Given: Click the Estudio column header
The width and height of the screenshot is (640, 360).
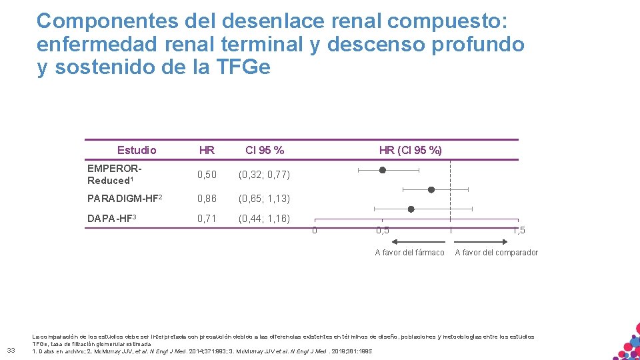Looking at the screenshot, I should [137, 150].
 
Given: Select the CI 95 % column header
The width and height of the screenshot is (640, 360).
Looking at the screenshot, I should [265, 150].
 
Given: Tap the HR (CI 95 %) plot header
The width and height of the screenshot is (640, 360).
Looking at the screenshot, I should [410, 150].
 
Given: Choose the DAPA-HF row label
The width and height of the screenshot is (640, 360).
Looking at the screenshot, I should [111, 217].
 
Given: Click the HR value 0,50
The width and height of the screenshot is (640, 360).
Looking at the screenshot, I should [207, 175].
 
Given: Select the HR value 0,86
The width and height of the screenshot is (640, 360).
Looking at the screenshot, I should [207, 198].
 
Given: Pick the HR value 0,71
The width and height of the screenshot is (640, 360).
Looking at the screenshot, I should [207, 218].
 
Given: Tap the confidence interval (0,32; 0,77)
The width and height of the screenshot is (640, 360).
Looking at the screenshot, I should [265, 175].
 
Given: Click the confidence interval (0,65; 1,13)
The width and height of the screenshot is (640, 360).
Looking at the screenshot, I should [265, 198].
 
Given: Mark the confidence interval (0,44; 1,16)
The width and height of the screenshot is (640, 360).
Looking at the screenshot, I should [265, 218].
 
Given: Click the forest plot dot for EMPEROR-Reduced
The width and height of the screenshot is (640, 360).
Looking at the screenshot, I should [383, 170].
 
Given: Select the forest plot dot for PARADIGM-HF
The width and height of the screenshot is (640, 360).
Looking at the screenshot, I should [431, 189].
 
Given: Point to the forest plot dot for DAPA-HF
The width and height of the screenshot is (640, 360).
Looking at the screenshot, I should [411, 209].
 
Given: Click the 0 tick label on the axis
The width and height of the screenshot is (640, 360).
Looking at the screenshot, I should [315, 231].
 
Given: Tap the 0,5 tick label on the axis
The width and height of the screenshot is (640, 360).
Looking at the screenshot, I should [383, 231].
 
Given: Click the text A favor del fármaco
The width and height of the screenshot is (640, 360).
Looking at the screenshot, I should [409, 252].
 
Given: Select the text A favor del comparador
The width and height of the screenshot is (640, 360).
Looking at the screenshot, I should [496, 252].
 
